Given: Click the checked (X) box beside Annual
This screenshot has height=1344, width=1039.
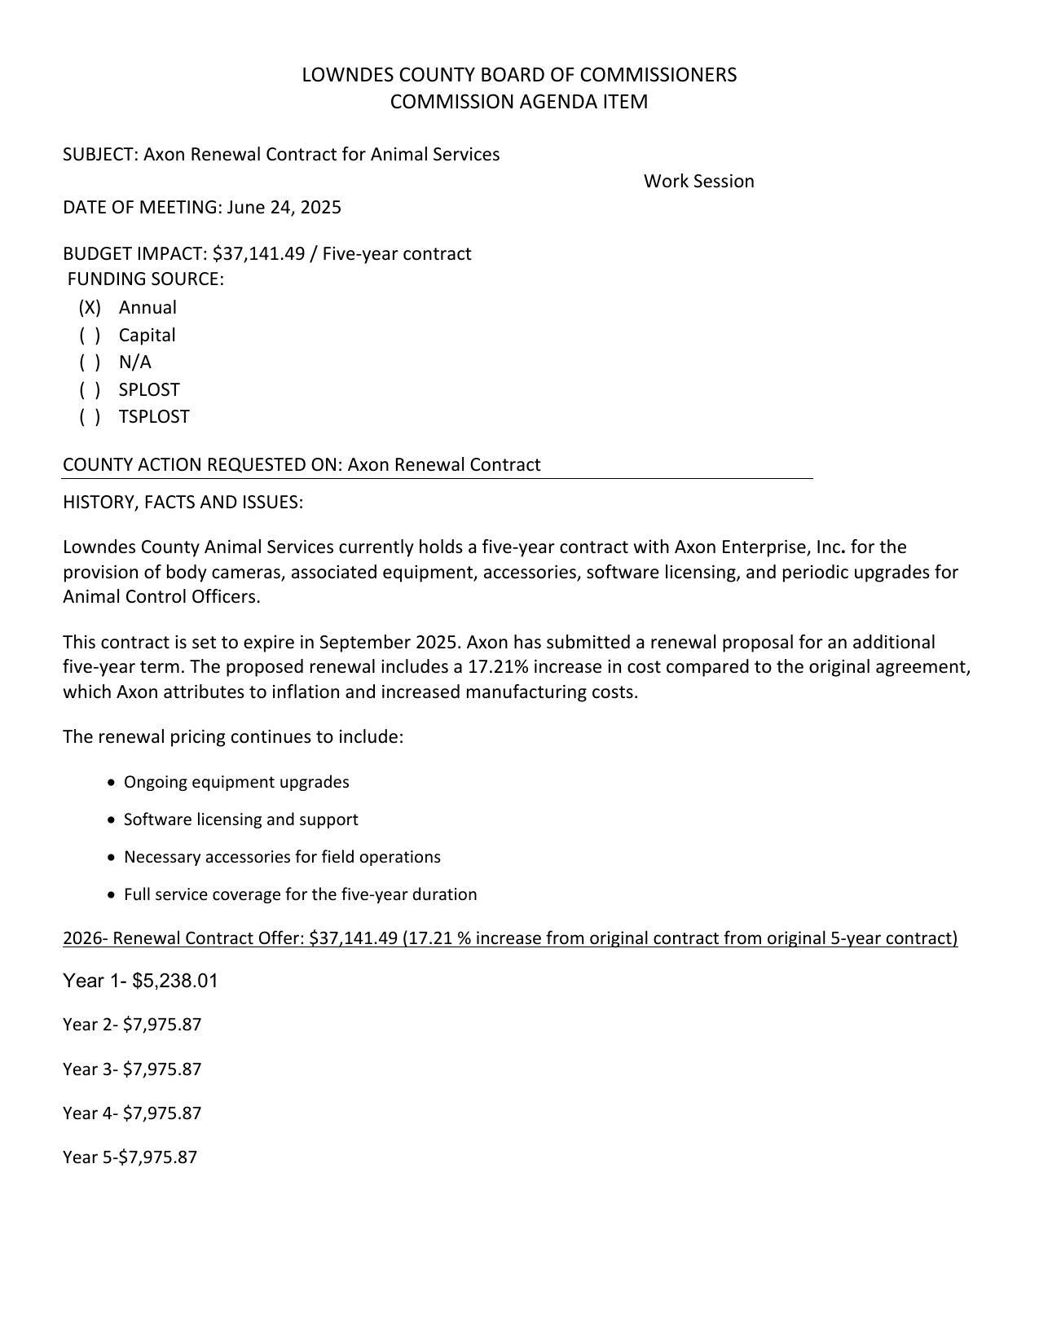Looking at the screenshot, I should [x=90, y=308].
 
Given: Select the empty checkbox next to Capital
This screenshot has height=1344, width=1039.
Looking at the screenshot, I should [x=90, y=336].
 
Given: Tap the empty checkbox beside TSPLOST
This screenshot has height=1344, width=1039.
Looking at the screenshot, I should [x=90, y=417].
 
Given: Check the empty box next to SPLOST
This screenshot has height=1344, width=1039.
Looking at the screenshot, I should [x=90, y=390].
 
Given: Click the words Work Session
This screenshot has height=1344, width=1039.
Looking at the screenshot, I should [x=698, y=182].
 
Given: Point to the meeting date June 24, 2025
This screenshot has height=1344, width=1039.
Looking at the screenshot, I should [x=284, y=208].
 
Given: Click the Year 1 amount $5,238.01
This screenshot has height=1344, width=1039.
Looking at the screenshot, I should [x=175, y=981].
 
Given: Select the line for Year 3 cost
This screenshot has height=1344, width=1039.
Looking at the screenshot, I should [x=132, y=1069].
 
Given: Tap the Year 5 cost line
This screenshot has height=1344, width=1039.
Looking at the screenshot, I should [x=130, y=1157].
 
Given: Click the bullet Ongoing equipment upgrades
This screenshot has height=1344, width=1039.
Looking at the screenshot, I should [x=236, y=783].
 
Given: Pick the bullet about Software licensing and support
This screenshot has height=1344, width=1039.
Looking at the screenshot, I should [x=240, y=820].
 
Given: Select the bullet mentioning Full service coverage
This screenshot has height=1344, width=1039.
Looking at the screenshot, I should [x=300, y=895].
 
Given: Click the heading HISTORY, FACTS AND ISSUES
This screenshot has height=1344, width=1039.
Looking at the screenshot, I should [x=183, y=503].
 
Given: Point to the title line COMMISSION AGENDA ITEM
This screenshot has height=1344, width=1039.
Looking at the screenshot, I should [x=519, y=103].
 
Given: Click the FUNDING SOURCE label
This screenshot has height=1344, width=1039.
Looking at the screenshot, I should [x=145, y=279].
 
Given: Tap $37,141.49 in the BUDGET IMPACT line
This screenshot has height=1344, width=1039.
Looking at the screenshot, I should [x=258, y=254].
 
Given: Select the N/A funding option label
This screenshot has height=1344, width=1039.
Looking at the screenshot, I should [x=135, y=362].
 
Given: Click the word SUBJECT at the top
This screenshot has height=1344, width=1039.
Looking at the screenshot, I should [x=99, y=155].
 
